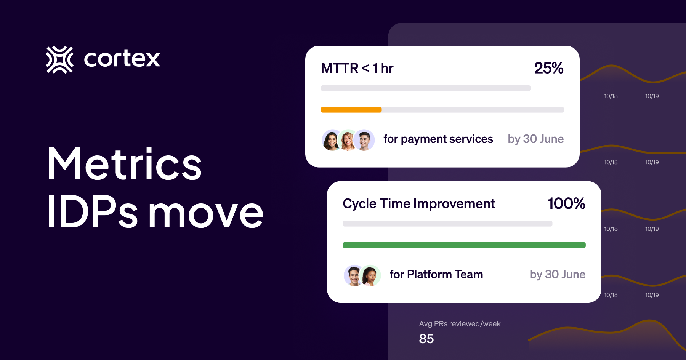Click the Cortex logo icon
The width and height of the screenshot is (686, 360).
click(x=59, y=59)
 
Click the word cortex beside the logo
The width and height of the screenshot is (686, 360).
click(x=122, y=59)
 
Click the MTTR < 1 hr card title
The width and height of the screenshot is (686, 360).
click(x=357, y=68)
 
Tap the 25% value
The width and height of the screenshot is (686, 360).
click(x=548, y=68)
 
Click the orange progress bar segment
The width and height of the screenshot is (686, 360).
click(x=351, y=110)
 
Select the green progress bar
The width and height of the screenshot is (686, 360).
click(x=464, y=245)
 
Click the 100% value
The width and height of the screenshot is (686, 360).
click(x=566, y=203)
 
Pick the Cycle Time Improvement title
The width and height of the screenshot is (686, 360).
click(x=418, y=204)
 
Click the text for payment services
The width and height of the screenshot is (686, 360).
click(x=438, y=139)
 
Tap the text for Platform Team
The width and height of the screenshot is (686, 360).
click(x=436, y=274)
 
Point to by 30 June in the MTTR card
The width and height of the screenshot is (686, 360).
click(x=535, y=139)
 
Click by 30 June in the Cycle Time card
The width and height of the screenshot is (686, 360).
click(x=557, y=274)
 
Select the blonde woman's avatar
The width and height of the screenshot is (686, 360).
click(x=348, y=140)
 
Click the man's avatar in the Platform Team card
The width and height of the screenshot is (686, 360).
click(x=353, y=275)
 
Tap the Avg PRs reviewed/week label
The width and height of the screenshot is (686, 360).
click(x=460, y=324)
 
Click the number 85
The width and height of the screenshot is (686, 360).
click(x=426, y=339)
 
